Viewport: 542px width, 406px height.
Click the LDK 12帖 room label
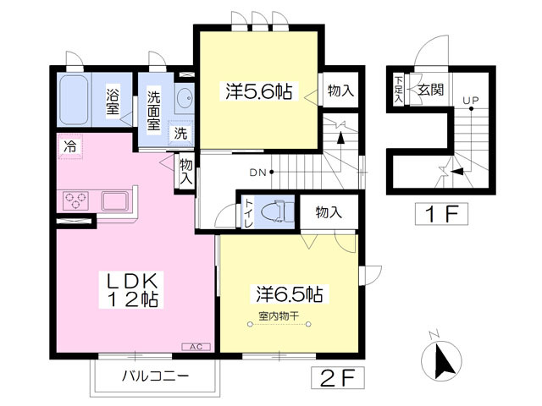click(132, 289)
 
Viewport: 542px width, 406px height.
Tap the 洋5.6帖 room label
click(258, 91)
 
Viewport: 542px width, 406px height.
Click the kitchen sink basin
click(114, 200)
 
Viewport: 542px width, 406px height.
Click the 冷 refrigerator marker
click(69, 145)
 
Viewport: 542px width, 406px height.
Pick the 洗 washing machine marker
click(180, 133)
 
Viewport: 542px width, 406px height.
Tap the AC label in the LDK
click(196, 345)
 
